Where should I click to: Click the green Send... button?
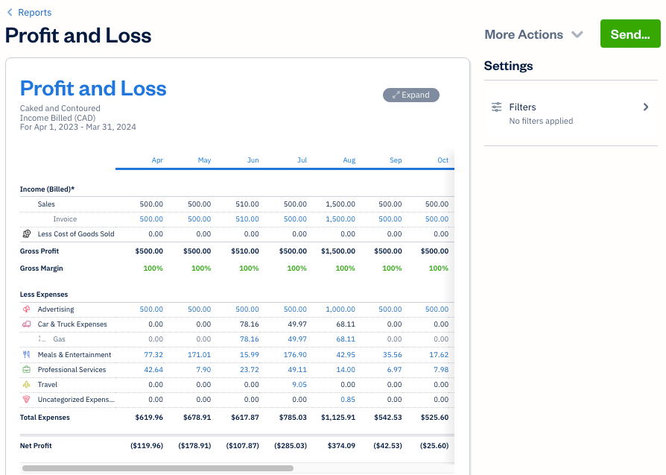(x=629, y=34)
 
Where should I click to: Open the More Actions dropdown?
(x=533, y=34)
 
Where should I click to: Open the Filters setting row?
(x=571, y=113)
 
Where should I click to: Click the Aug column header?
(x=349, y=160)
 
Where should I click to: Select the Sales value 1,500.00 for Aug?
(x=340, y=204)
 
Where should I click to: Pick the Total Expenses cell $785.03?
(x=292, y=418)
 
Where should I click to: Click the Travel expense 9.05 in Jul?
(x=299, y=385)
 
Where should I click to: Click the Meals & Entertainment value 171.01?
(x=199, y=355)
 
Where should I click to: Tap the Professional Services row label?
(x=72, y=370)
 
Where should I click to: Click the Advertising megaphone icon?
(x=27, y=309)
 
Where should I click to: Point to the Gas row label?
(x=59, y=339)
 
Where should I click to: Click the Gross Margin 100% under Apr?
(x=153, y=268)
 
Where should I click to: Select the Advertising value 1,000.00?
(x=340, y=309)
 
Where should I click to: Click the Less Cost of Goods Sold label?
(x=76, y=234)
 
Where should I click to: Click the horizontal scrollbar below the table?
(x=158, y=468)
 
